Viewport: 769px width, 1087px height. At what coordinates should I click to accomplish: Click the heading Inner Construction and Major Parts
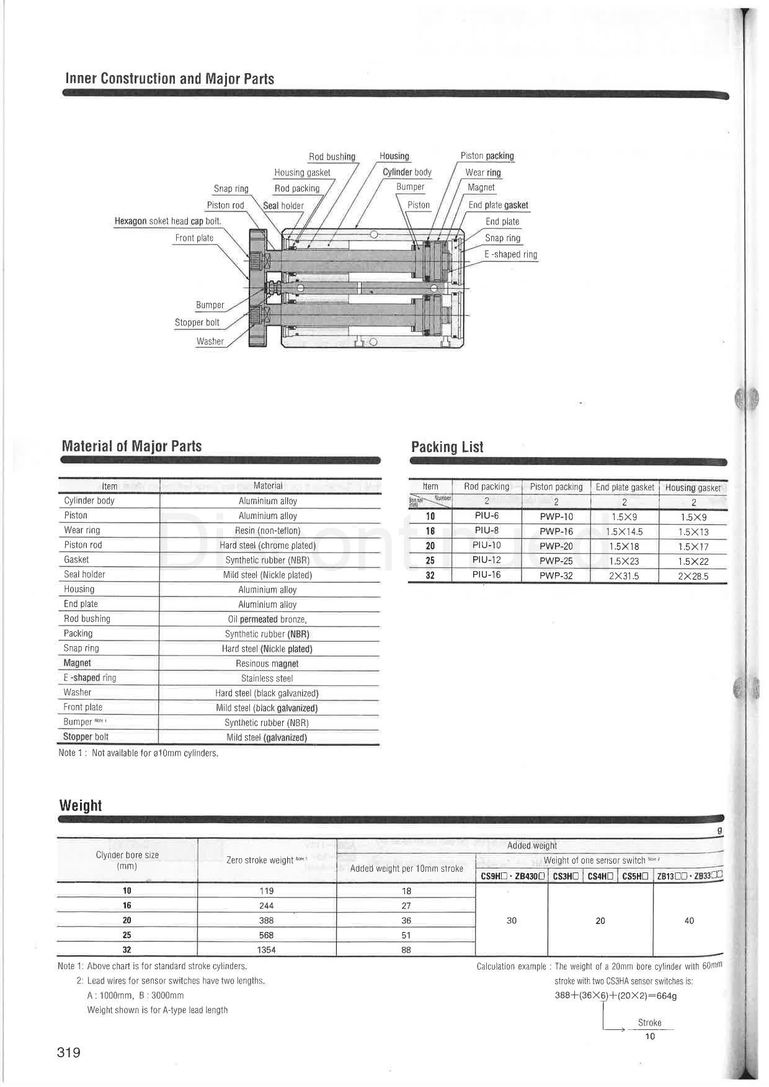(169, 79)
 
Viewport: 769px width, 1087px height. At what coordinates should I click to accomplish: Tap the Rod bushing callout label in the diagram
(332, 157)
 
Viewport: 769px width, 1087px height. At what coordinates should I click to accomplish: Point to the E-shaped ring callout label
(510, 254)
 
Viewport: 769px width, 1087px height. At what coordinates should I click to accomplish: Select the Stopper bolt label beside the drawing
(197, 322)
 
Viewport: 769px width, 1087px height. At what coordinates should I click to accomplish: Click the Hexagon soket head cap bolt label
(167, 221)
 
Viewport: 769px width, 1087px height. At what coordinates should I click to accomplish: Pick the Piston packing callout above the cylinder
(487, 156)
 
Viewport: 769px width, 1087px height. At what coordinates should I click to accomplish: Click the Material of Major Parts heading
(131, 446)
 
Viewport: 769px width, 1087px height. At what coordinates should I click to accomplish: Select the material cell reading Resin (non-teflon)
(267, 531)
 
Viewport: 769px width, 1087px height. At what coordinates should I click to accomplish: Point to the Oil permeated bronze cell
(267, 619)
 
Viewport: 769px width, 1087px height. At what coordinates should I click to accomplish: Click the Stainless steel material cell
(267, 678)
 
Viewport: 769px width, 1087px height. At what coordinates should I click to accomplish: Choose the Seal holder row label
(84, 575)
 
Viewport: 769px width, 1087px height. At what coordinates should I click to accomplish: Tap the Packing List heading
(447, 447)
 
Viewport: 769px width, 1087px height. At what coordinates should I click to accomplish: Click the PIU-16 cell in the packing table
(486, 575)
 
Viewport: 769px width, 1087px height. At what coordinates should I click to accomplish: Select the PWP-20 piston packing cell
(556, 546)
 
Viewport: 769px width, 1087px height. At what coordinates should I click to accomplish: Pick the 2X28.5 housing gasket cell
(693, 576)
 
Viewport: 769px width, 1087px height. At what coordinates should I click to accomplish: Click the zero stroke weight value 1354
(267, 950)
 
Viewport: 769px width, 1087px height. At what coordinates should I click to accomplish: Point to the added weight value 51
(406, 935)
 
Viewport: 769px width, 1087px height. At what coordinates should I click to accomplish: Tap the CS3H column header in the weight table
(566, 876)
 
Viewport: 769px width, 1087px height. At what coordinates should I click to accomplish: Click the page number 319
(69, 1052)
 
